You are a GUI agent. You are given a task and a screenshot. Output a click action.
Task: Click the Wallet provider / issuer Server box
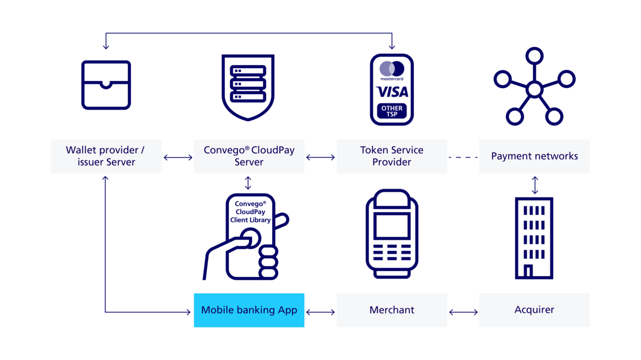(x=106, y=156)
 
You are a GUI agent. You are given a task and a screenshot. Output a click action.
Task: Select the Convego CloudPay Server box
(x=249, y=156)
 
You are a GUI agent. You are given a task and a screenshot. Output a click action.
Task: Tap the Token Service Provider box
(x=392, y=156)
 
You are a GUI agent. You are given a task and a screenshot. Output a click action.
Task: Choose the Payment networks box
(x=534, y=156)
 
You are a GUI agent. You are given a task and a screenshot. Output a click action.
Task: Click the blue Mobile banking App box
(x=249, y=310)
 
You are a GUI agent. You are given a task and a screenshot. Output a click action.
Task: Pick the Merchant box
(x=392, y=310)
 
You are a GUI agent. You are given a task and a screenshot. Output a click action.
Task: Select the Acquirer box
(x=534, y=310)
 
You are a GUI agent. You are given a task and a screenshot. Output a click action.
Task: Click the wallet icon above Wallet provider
(x=106, y=85)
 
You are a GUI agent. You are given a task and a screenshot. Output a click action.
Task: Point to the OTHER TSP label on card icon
(x=392, y=111)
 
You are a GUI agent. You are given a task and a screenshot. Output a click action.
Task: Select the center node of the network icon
(x=534, y=89)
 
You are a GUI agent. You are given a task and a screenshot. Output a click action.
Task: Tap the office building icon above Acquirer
(x=534, y=238)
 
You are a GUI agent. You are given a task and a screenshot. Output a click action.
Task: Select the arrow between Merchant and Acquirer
(x=463, y=310)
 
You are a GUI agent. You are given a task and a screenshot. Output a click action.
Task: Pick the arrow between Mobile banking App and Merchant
(x=320, y=310)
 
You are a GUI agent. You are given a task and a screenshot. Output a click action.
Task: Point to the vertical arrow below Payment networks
(x=535, y=185)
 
